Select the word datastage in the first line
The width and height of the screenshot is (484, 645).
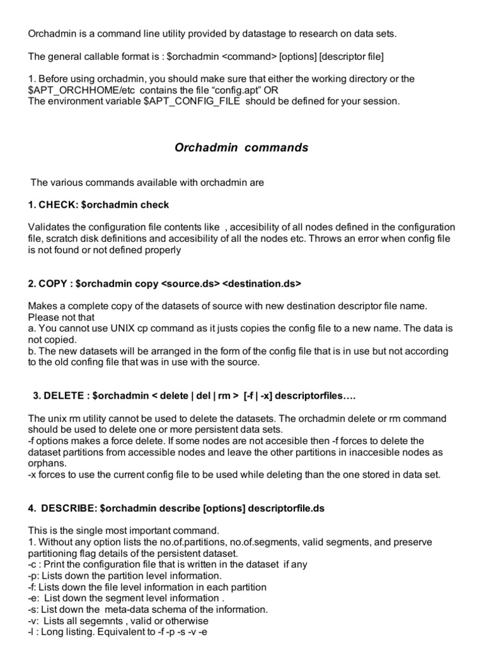[258, 33]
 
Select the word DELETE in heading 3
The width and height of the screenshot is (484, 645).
[65, 395]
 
